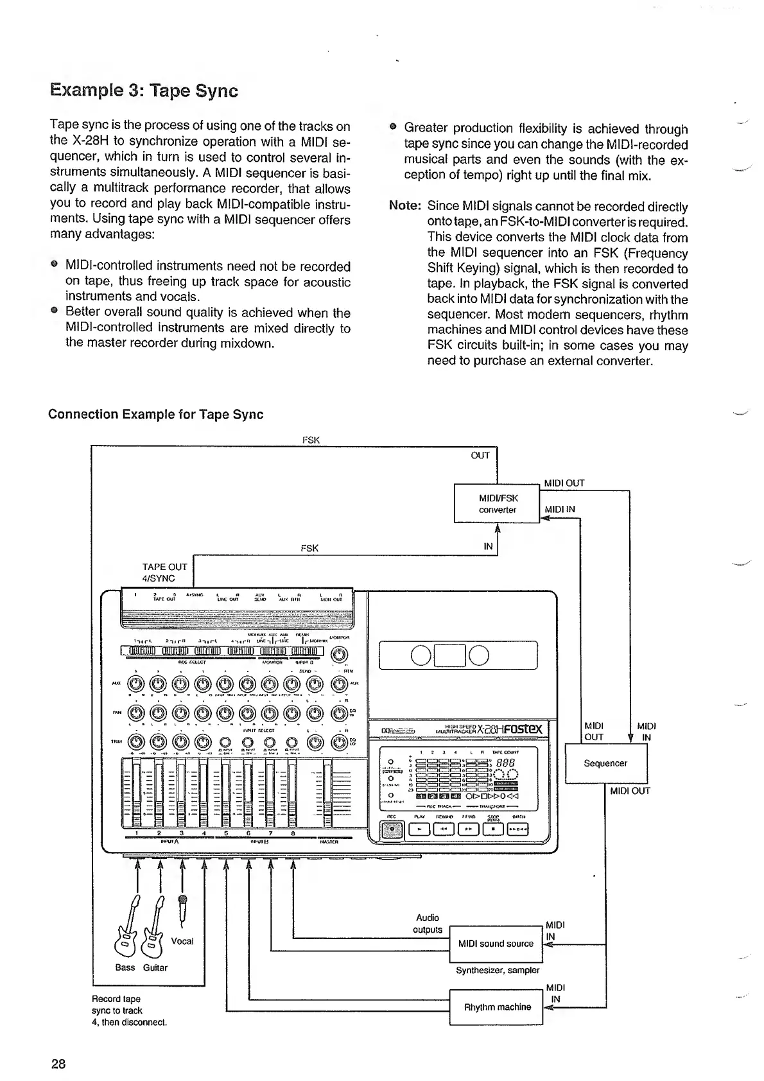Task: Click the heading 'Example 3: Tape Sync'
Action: tap(144, 91)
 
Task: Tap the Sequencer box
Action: tap(605, 763)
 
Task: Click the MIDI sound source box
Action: tap(496, 944)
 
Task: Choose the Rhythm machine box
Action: tap(497, 1007)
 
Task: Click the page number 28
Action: tap(58, 1064)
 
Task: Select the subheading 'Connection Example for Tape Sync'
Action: tap(155, 414)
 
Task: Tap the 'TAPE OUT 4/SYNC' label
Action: tap(164, 572)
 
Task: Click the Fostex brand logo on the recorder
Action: tap(520, 729)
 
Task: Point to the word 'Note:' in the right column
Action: tap(404, 207)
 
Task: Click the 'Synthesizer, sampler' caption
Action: tap(497, 970)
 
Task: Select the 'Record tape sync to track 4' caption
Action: tap(128, 1010)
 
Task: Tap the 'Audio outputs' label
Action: tap(428, 924)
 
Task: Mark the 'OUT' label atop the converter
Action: tap(480, 455)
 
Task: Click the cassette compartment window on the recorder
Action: tap(458, 655)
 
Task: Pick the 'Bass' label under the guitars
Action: tap(125, 967)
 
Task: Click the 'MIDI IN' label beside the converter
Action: tap(560, 510)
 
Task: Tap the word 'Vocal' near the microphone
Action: tap(182, 941)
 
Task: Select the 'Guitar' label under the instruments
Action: tap(155, 967)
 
